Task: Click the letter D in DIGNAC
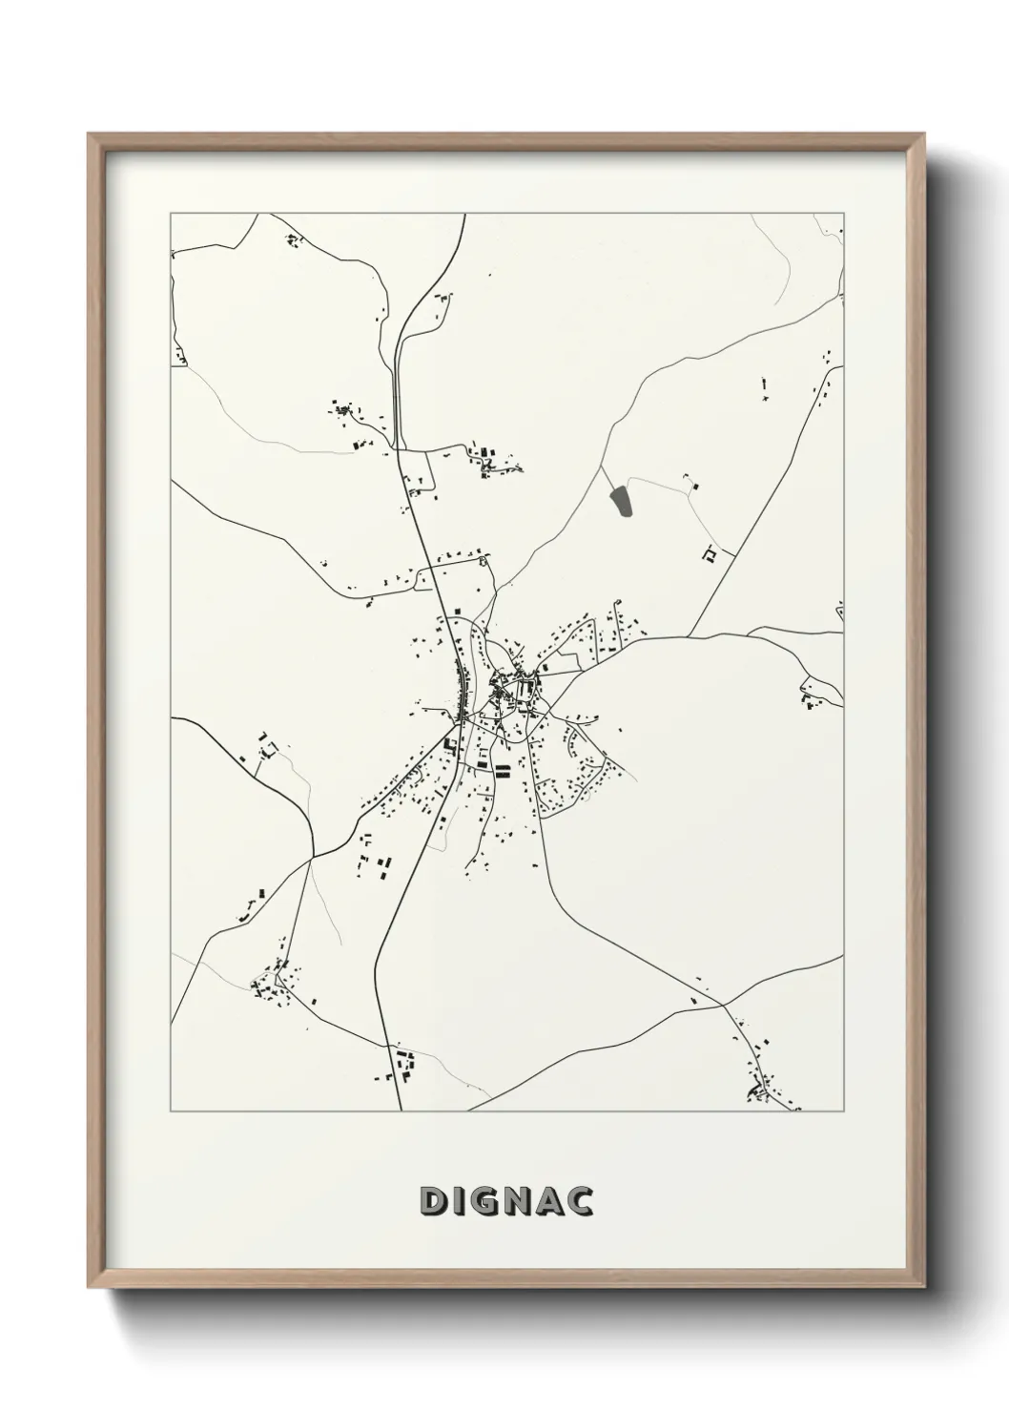pos(433,1202)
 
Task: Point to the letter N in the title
pos(520,1202)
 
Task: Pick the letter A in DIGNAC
pos(551,1202)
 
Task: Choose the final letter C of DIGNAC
pos(581,1202)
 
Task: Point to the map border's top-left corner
pos(171,214)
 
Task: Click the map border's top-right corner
pos(844,214)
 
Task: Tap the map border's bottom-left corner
pos(171,1111)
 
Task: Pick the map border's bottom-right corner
pos(844,1111)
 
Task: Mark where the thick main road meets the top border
pos(464,215)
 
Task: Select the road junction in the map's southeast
pos(723,1005)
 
